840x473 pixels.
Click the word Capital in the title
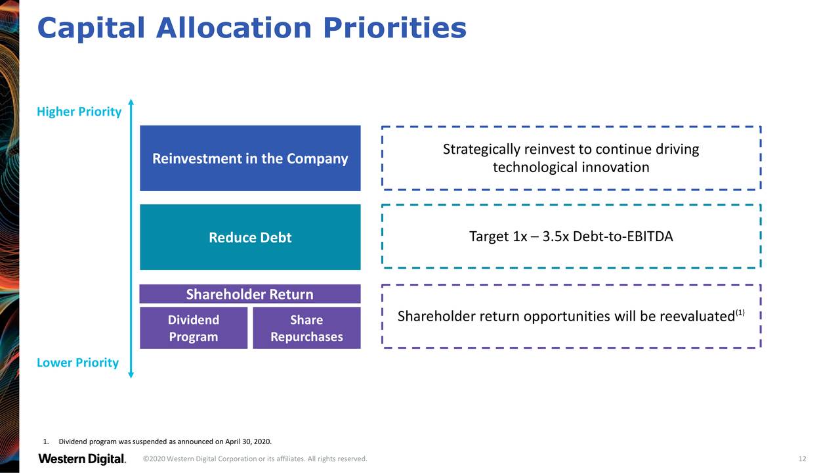pyautogui.click(x=91, y=28)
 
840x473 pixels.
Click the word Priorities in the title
pyautogui.click(x=394, y=28)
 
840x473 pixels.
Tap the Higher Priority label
pyautogui.click(x=79, y=112)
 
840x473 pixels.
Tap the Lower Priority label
pyautogui.click(x=77, y=363)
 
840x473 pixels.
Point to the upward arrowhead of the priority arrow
pyautogui.click(x=131, y=102)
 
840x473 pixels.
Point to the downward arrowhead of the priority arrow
pyautogui.click(x=131, y=375)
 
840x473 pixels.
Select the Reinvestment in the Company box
pyautogui.click(x=250, y=158)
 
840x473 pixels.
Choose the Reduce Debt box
pyautogui.click(x=250, y=237)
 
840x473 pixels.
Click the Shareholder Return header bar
pyautogui.click(x=250, y=294)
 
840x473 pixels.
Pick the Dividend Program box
pyautogui.click(x=194, y=328)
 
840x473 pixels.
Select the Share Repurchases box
pyautogui.click(x=306, y=328)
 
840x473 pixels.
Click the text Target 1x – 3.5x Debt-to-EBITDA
pyautogui.click(x=571, y=236)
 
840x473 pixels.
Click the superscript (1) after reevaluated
pyautogui.click(x=740, y=312)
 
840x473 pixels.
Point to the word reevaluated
pyautogui.click(x=697, y=317)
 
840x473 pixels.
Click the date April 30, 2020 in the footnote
pyautogui.click(x=248, y=441)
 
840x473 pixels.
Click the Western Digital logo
pyautogui.click(x=82, y=459)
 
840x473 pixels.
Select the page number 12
pyautogui.click(x=802, y=459)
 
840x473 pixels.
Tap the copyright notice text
pyautogui.click(x=255, y=459)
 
